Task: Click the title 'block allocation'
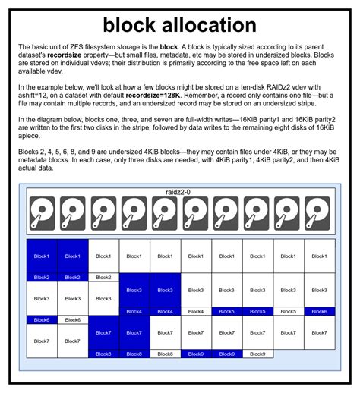(179, 26)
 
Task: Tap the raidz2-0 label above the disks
(180, 193)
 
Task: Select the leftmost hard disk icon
(42, 214)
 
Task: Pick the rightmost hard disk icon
(318, 214)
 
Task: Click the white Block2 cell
(103, 278)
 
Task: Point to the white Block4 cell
(195, 311)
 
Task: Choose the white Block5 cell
(288, 311)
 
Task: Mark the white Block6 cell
(72, 320)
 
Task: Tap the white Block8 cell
(165, 354)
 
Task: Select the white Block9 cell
(257, 354)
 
